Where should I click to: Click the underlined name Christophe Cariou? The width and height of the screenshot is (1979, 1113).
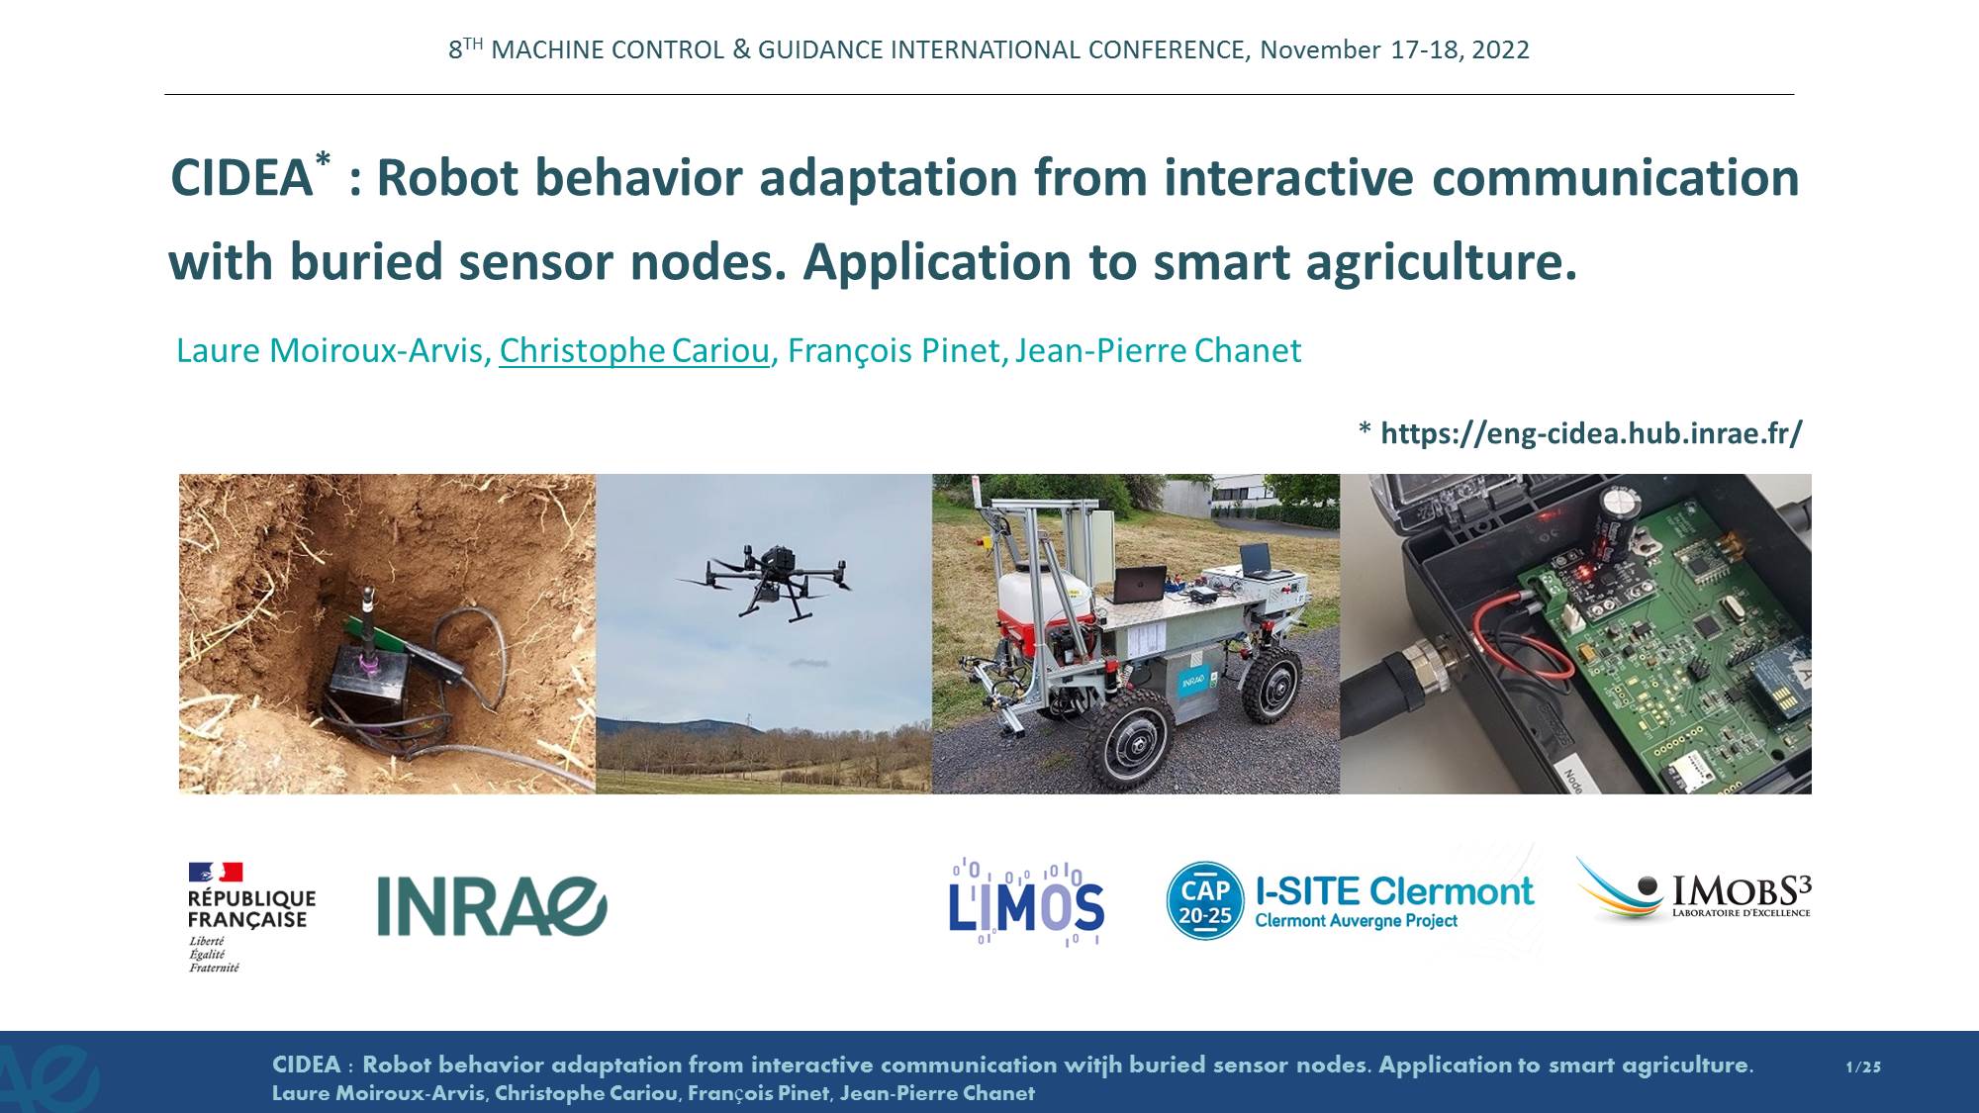tap(634, 350)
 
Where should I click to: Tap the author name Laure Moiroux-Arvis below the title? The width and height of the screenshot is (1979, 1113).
tap(330, 350)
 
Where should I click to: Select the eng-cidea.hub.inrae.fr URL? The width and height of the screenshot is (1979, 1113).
tap(1591, 433)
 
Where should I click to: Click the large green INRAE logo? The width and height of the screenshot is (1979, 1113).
tap(492, 906)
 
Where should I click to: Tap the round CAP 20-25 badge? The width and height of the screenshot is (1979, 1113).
tap(1204, 900)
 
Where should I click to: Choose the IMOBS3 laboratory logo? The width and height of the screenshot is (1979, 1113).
tap(1693, 889)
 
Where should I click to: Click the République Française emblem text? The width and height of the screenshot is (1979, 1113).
tap(251, 909)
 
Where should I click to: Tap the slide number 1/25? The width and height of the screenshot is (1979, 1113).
tap(1863, 1067)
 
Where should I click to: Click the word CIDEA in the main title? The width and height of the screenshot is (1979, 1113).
tap(242, 179)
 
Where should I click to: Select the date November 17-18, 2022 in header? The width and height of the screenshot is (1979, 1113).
tap(1394, 49)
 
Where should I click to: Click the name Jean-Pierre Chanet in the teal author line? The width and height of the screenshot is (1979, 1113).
tap(1158, 350)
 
